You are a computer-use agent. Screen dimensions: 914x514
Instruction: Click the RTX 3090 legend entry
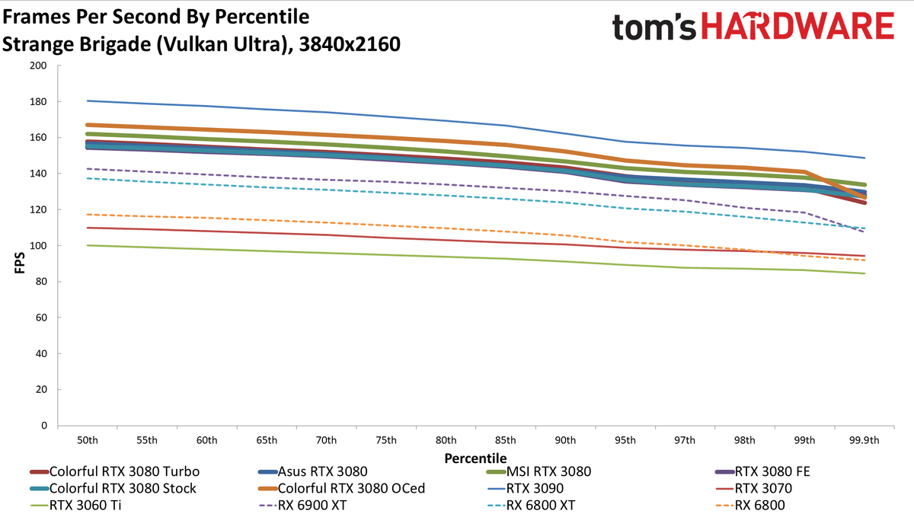click(526, 488)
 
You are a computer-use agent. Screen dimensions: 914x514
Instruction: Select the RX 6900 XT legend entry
click(302, 505)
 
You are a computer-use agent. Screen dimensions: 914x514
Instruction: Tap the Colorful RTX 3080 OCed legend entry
click(341, 488)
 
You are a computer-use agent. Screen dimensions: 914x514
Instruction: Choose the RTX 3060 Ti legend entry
click(76, 505)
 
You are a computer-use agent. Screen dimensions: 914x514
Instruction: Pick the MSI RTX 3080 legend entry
click(539, 471)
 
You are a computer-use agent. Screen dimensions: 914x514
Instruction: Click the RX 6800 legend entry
click(750, 505)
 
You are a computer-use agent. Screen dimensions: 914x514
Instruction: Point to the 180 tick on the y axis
click(38, 101)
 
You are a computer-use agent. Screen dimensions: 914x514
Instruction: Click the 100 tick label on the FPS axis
click(38, 245)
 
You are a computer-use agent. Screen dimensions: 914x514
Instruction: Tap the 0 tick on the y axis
click(44, 426)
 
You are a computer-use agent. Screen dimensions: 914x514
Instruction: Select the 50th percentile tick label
click(88, 441)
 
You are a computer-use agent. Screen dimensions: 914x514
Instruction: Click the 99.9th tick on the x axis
click(864, 441)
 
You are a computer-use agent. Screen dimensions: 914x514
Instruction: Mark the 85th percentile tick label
click(505, 441)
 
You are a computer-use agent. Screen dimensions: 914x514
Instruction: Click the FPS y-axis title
click(20, 263)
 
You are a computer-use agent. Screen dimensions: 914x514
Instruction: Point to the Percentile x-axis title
click(475, 458)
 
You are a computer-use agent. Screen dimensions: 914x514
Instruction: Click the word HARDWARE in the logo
click(797, 26)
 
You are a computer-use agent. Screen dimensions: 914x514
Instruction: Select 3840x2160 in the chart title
click(350, 44)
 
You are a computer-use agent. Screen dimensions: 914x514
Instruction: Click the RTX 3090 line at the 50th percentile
click(88, 101)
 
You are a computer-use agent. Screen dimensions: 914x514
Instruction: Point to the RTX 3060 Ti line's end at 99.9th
click(864, 273)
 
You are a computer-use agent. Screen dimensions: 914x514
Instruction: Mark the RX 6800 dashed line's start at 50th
click(88, 214)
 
